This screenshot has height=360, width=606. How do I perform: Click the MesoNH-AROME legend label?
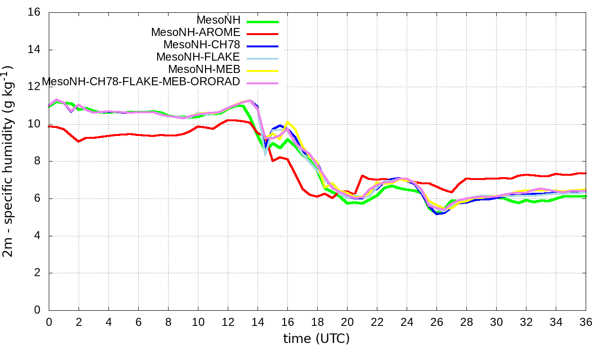click(x=196, y=33)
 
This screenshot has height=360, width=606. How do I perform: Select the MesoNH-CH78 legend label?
click(x=202, y=45)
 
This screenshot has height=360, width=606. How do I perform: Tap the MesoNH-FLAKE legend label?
click(x=198, y=57)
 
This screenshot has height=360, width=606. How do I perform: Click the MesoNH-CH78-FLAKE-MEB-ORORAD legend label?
click(x=141, y=82)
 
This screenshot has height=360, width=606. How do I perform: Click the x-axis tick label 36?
click(x=586, y=322)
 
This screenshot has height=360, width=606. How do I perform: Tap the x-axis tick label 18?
click(x=317, y=322)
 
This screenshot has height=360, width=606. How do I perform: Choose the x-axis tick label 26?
click(x=437, y=322)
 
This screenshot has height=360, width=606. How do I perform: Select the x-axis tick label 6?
click(x=138, y=322)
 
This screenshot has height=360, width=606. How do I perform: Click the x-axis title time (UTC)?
click(x=316, y=339)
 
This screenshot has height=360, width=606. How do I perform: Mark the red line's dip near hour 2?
click(x=79, y=141)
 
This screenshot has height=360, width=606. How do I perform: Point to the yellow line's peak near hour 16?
click(x=287, y=122)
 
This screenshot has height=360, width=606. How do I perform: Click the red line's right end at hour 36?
click(x=586, y=173)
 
